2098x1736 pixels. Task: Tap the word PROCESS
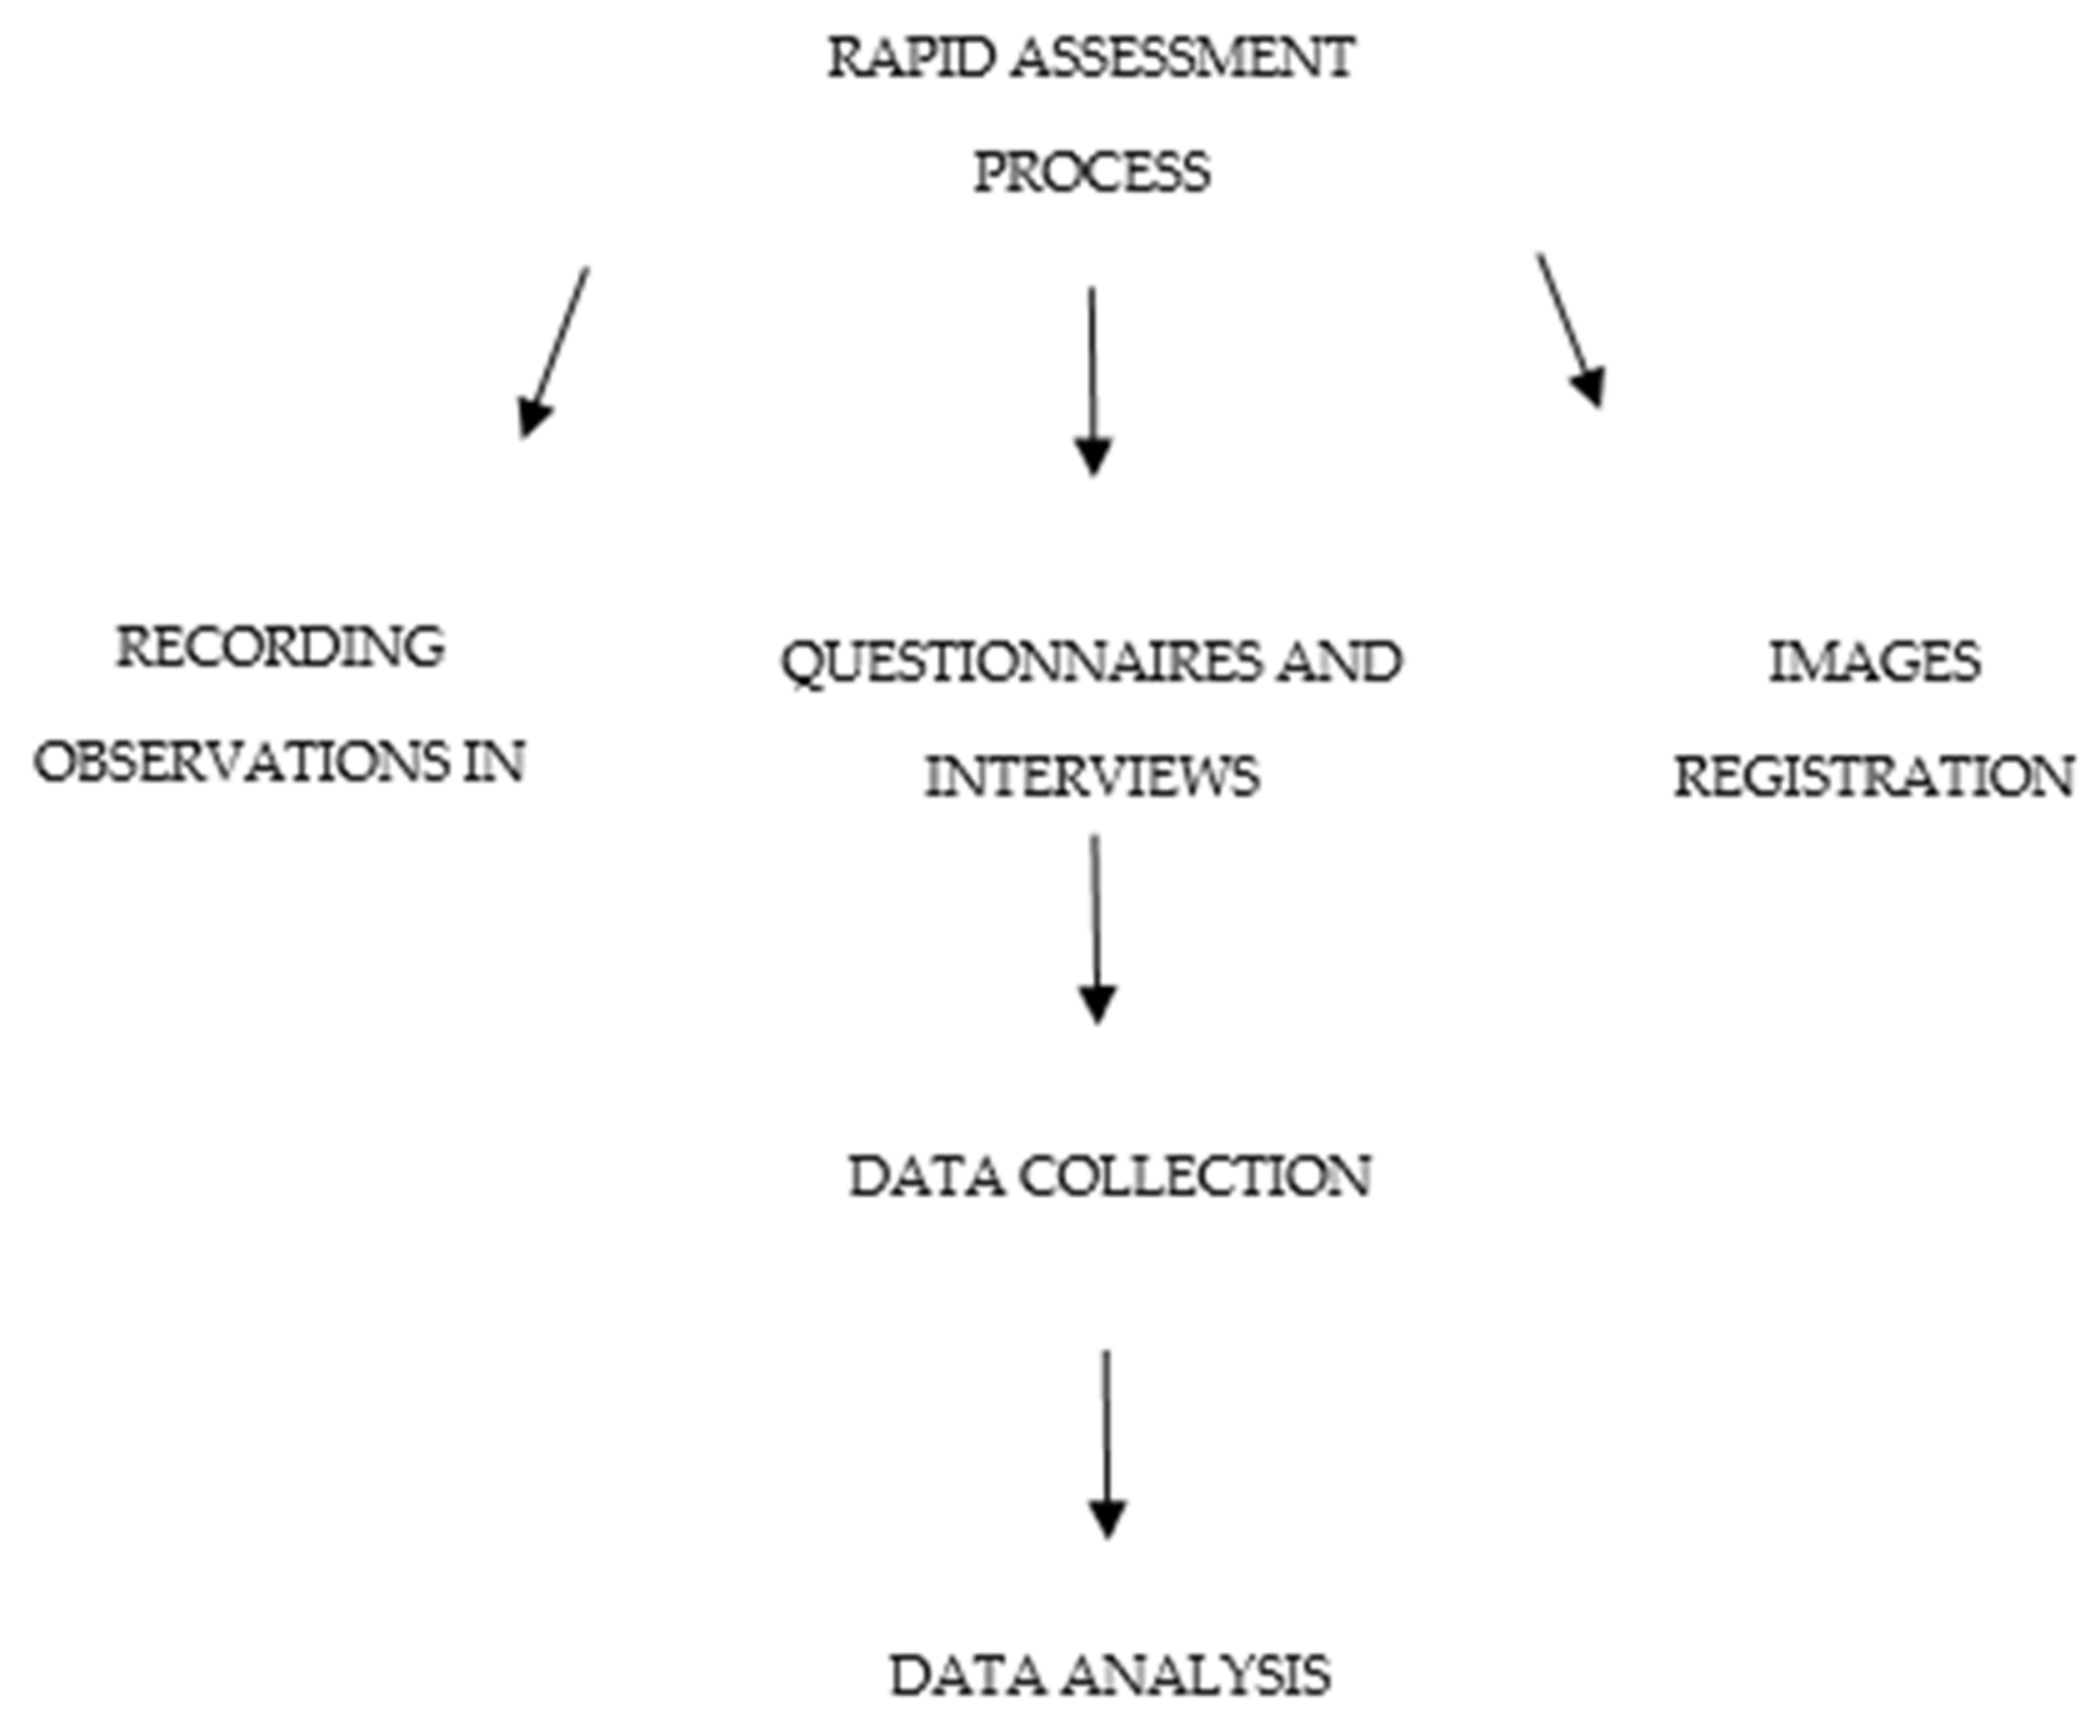click(x=1092, y=171)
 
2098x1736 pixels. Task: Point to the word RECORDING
click(x=281, y=647)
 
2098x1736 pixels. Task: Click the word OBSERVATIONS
click(x=242, y=763)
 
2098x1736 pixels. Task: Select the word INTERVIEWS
click(x=1092, y=777)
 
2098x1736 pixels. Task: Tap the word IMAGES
click(x=1874, y=662)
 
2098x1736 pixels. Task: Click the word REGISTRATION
click(x=1874, y=777)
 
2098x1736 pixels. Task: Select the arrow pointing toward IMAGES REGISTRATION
click(x=1570, y=330)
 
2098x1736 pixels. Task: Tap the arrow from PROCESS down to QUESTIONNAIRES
click(x=1093, y=379)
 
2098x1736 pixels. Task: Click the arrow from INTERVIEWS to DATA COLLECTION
click(x=1096, y=929)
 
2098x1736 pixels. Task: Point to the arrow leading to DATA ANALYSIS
click(x=1106, y=1443)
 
